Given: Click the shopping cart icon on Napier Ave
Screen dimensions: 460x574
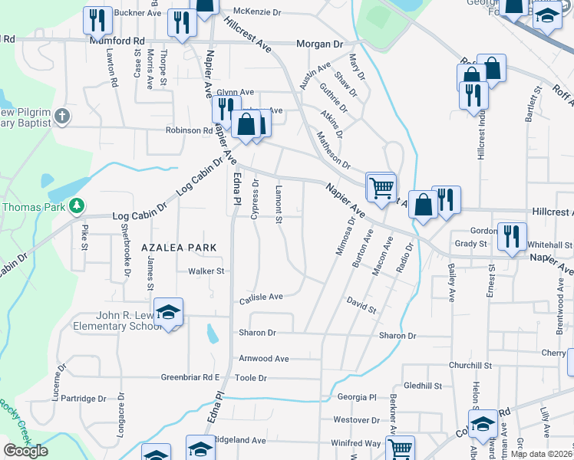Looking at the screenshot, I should [381, 186].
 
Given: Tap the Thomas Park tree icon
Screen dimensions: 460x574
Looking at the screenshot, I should [76, 206].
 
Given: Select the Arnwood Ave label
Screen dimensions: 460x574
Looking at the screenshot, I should [263, 358].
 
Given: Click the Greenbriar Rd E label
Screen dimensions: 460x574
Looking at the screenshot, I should [190, 377].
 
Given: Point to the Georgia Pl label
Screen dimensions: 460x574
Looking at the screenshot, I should [357, 397].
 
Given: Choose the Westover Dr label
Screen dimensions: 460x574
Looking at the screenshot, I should [357, 419].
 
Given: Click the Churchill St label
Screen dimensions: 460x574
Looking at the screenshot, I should [470, 366].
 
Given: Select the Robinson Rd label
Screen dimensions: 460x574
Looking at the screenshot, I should [190, 130].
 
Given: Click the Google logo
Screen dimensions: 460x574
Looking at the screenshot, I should [25, 451].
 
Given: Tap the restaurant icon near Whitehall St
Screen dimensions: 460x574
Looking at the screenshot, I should [511, 237].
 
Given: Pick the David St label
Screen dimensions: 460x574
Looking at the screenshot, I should [361, 306].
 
